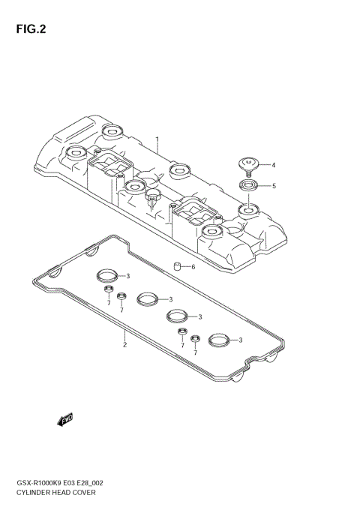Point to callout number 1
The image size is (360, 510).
(157, 139)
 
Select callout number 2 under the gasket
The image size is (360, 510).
(124, 344)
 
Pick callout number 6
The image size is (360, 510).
(193, 267)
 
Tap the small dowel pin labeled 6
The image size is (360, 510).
(177, 265)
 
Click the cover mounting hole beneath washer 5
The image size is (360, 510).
(248, 208)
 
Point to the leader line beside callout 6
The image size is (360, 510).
(186, 267)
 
